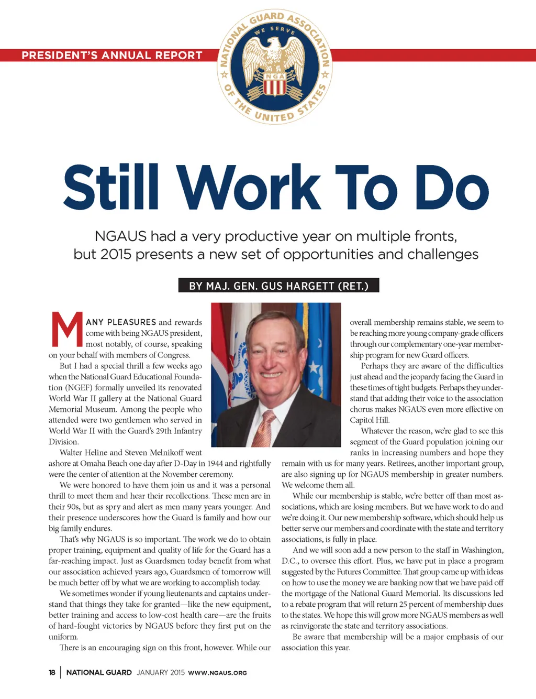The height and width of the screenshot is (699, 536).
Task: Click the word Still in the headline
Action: click(x=110, y=188)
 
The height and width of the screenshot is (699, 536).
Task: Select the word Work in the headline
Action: click(x=249, y=188)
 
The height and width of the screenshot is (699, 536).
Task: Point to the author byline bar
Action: click(x=278, y=286)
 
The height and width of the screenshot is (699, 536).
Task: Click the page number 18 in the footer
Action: click(x=52, y=672)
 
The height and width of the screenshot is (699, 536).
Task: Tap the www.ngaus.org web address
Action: click(x=217, y=673)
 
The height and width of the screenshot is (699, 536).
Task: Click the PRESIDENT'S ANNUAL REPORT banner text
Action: click(x=111, y=56)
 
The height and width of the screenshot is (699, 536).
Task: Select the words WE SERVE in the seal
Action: click(x=275, y=30)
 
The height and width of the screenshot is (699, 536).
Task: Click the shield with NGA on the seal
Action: click(x=274, y=84)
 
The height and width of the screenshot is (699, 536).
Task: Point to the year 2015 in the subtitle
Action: click(x=115, y=255)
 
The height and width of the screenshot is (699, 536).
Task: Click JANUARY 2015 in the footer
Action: click(x=161, y=672)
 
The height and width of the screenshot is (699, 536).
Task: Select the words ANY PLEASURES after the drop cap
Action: click(x=121, y=322)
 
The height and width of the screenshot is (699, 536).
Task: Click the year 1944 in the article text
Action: click(x=215, y=463)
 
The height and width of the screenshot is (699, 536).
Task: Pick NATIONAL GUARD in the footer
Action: click(x=99, y=672)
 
